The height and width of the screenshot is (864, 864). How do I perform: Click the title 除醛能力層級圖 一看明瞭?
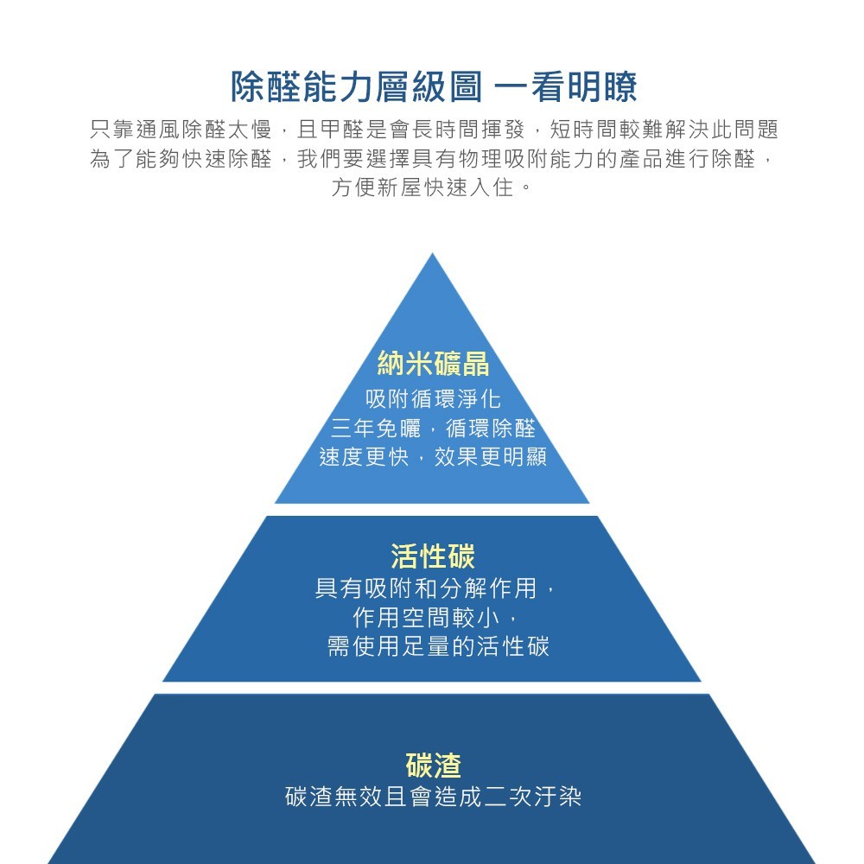(x=433, y=86)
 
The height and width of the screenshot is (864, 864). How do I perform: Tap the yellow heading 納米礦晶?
(x=433, y=364)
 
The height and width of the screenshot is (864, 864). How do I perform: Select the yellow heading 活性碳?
(x=433, y=556)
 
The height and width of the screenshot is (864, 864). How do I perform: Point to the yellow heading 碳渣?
(x=433, y=766)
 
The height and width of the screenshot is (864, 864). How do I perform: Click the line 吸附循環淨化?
(x=433, y=399)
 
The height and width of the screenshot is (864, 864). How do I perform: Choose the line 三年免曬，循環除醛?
(x=433, y=429)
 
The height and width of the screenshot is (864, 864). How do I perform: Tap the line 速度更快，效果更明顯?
(x=433, y=457)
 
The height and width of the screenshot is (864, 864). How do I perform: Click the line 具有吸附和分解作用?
(x=433, y=590)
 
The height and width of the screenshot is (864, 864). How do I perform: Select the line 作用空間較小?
(x=433, y=618)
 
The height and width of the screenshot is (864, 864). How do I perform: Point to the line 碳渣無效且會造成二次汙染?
(x=433, y=797)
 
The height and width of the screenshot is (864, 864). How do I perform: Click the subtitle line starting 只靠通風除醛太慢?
(x=433, y=130)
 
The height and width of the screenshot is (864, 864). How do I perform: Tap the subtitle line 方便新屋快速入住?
(x=433, y=187)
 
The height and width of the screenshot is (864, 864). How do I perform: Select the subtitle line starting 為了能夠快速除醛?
(x=433, y=160)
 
